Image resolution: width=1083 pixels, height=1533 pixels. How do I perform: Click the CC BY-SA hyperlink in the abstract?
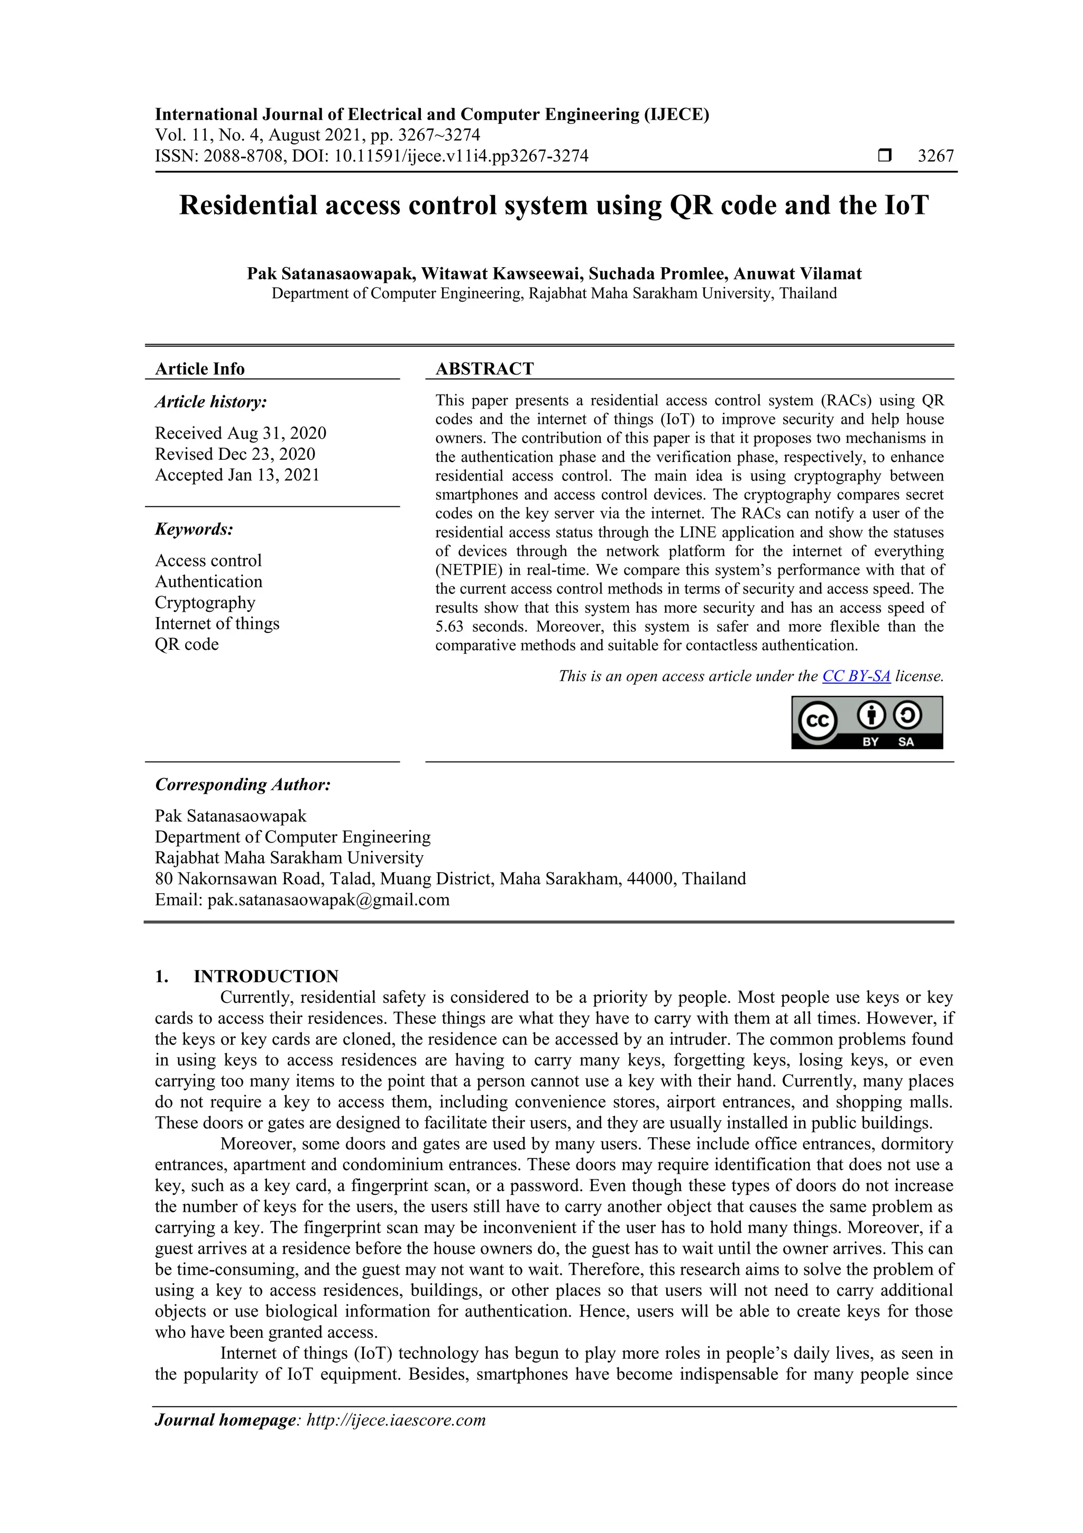[x=856, y=676]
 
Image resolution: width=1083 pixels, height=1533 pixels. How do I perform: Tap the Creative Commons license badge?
[x=867, y=722]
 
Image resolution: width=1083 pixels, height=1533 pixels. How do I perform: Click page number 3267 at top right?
[x=935, y=156]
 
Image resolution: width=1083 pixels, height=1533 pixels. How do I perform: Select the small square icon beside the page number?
[x=884, y=156]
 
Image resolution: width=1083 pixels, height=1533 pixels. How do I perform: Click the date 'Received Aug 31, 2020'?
[x=240, y=433]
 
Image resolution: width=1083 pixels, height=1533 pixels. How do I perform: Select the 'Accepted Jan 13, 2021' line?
[x=237, y=475]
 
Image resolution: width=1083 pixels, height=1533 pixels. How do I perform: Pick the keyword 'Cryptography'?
[x=205, y=602]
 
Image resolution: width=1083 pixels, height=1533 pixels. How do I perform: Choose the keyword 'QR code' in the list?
[x=187, y=645]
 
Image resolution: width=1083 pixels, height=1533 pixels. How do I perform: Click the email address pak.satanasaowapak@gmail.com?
[x=328, y=900]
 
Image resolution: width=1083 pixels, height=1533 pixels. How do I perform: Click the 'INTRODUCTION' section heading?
[x=265, y=976]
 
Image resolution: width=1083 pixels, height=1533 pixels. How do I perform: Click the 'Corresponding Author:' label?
[x=243, y=785]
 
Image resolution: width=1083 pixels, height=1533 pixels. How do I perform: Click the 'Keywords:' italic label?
[x=194, y=530]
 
